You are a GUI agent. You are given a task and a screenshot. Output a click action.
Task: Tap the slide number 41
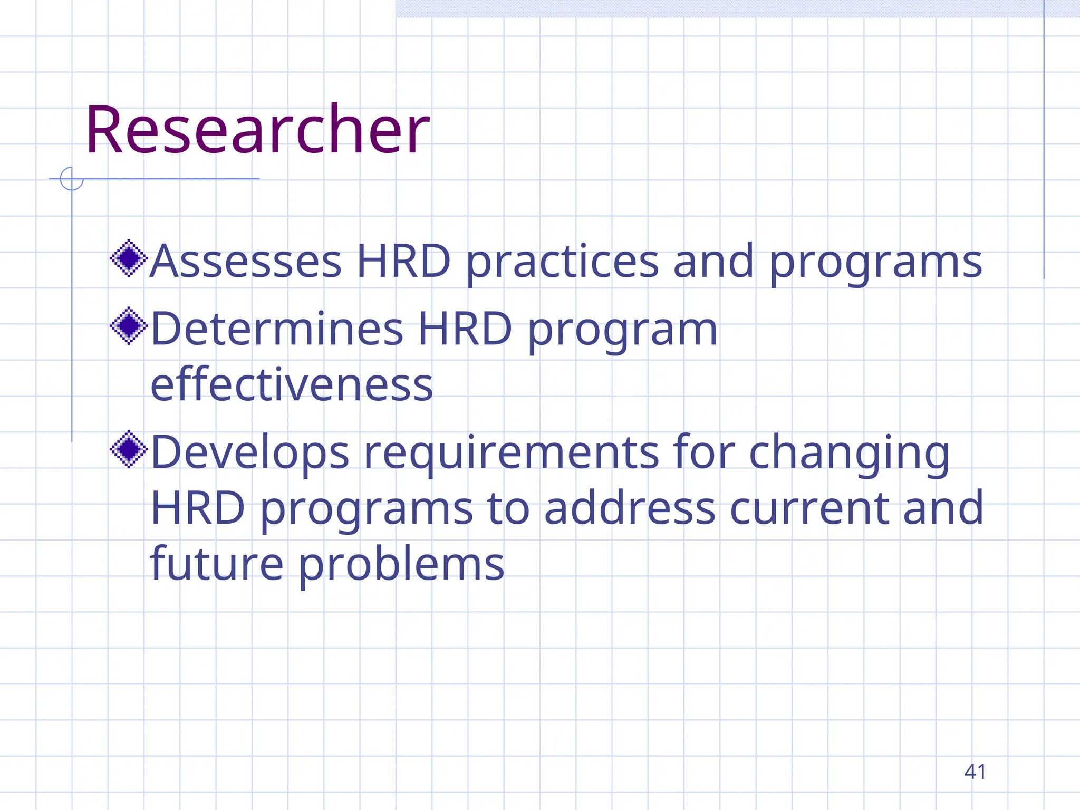pos(975,772)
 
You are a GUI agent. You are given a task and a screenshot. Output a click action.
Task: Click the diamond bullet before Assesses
pos(129,258)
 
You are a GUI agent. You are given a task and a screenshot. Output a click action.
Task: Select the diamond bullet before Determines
pos(129,326)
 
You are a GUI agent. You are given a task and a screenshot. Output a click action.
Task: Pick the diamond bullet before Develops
pos(129,449)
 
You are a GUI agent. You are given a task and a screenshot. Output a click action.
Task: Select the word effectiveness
pos(292,384)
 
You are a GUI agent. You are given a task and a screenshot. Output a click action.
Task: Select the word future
pos(217,564)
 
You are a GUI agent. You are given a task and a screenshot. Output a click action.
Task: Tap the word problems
pos(401,565)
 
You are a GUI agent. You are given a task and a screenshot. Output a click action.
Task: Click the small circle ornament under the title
pos(72,179)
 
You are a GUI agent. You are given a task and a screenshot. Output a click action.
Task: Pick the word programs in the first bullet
pos(875,262)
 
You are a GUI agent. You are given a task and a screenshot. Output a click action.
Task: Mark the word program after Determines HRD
pos(622,330)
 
